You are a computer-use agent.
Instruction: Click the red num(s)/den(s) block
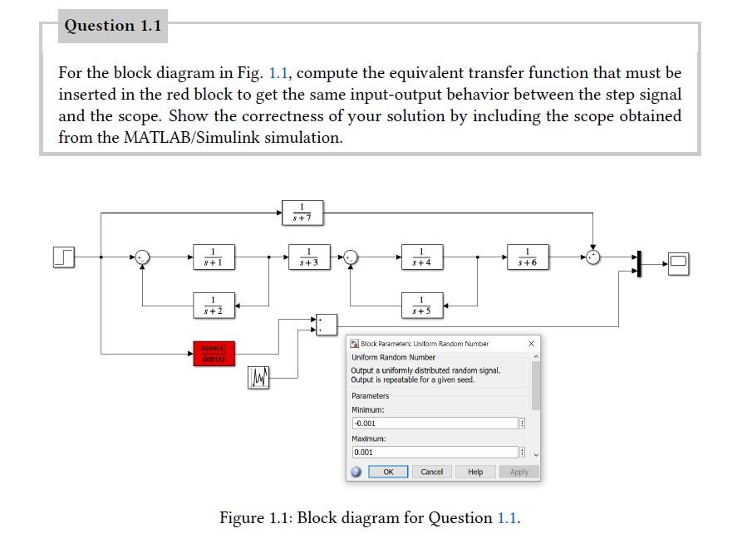214,353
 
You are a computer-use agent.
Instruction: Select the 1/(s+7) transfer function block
302,213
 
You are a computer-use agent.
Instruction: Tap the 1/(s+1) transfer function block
214,257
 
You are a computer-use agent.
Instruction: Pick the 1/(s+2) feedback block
214,305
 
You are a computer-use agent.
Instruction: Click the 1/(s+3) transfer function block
309,257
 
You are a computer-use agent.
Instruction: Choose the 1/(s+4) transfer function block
422,257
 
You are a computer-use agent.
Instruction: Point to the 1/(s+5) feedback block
422,305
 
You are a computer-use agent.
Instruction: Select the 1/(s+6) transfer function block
528,257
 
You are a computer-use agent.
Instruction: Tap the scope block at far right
679,263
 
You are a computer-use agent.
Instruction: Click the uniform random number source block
259,379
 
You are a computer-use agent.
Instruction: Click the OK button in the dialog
387,472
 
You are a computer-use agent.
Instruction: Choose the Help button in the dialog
475,472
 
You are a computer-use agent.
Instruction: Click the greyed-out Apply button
519,472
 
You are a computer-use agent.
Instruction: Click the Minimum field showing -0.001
435,423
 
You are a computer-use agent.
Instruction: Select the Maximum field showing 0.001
435,453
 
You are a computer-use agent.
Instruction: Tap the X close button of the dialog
532,343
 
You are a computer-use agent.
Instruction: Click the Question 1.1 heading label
113,26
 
